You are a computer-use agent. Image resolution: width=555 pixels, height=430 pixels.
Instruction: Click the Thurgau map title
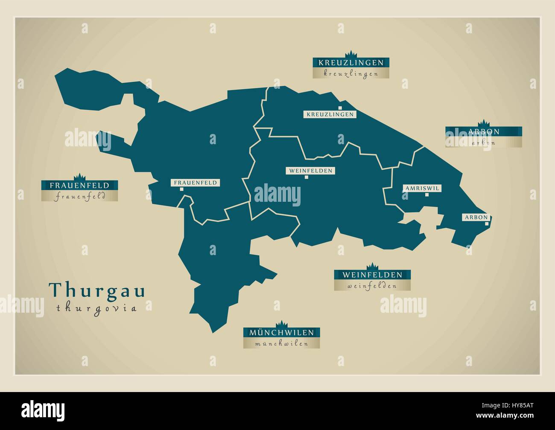[x=97, y=290]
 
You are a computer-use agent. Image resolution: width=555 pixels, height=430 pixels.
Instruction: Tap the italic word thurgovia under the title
[x=96, y=308]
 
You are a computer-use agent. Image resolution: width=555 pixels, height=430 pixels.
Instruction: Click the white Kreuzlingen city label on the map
[x=330, y=114]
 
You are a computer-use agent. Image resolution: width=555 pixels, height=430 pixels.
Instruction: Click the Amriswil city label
[x=422, y=188]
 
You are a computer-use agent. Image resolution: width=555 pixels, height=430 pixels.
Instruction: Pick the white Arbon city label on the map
[x=476, y=217]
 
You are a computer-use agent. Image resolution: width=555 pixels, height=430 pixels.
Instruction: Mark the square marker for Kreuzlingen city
[x=340, y=108]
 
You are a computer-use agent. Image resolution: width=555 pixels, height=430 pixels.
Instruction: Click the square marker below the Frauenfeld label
[x=181, y=189]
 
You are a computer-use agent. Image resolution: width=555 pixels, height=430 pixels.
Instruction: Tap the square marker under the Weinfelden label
[x=307, y=177]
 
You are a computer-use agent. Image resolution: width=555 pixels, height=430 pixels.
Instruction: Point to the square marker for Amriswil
[x=426, y=195]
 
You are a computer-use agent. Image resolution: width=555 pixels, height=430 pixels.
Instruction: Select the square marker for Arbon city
[x=487, y=223]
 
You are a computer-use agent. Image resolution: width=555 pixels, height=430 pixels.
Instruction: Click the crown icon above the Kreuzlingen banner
[x=351, y=54]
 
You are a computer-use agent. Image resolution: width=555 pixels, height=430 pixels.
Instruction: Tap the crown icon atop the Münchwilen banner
[x=281, y=324]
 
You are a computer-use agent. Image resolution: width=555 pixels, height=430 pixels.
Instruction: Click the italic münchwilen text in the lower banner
[x=281, y=343]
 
